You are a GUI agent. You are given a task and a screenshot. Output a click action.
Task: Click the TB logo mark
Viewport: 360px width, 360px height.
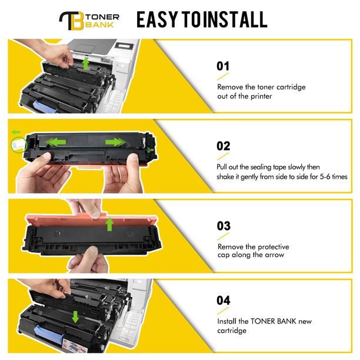pyautogui.click(x=71, y=21)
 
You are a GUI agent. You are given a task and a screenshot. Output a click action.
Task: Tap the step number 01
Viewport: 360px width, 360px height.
pyautogui.click(x=223, y=66)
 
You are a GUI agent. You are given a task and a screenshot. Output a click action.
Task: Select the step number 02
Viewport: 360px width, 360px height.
pyautogui.click(x=223, y=146)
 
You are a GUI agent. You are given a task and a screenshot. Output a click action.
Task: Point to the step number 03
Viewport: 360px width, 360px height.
pyautogui.click(x=224, y=226)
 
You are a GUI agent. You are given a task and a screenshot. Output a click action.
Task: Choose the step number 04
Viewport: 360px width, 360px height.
pyautogui.click(x=224, y=301)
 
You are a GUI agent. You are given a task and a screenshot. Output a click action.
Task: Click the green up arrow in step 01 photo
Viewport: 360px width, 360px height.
pyautogui.click(x=86, y=64)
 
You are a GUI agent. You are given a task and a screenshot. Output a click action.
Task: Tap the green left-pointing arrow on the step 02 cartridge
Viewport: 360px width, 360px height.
pyautogui.click(x=56, y=142)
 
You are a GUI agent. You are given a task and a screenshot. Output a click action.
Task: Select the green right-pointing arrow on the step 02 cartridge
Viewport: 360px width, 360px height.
pyautogui.click(x=115, y=142)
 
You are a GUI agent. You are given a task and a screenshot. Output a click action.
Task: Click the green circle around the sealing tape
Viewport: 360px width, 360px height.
pyautogui.click(x=19, y=145)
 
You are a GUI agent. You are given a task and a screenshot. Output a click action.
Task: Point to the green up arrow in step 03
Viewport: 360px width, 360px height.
pyautogui.click(x=109, y=224)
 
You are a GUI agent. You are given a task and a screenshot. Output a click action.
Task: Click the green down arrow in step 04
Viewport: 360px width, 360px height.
pyautogui.click(x=75, y=317)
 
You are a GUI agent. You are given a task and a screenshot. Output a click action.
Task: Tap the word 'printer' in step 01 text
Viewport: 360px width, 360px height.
pyautogui.click(x=261, y=96)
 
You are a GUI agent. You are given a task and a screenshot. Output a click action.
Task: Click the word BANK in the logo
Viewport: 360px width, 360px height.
pyautogui.click(x=99, y=25)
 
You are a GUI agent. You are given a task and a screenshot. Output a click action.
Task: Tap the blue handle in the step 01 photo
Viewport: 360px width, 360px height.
pyautogui.click(x=45, y=106)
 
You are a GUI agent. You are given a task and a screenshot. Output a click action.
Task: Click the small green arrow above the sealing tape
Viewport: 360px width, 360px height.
pyautogui.click(x=16, y=132)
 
